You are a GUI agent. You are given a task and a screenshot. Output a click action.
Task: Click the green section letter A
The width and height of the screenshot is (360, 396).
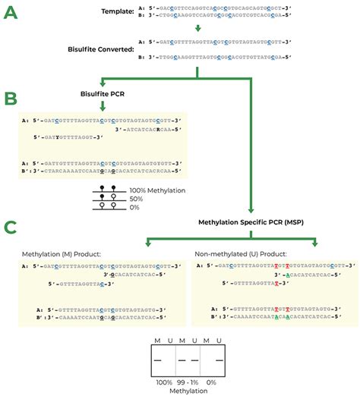click(x=12, y=13)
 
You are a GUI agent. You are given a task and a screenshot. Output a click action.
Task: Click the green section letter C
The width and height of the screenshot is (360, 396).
click(x=12, y=227)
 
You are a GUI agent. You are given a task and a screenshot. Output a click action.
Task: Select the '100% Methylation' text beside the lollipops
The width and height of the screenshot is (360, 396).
click(x=154, y=190)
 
